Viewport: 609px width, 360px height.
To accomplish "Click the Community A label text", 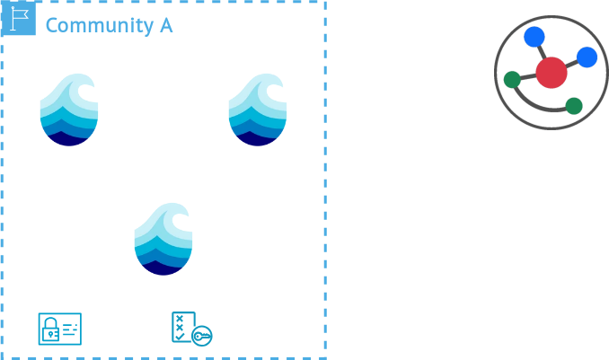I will click(x=109, y=25).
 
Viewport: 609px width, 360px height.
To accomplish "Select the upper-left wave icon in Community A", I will click(x=69, y=110).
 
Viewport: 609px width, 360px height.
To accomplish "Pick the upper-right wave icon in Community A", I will click(x=258, y=110).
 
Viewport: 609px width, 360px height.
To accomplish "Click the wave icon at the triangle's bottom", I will click(x=163, y=239).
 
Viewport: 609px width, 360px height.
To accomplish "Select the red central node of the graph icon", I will click(x=551, y=72).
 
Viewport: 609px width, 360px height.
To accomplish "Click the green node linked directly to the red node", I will click(x=511, y=79).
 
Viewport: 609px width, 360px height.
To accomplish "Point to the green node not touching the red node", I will click(x=574, y=106).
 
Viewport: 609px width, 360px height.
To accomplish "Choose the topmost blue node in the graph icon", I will click(x=534, y=37).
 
